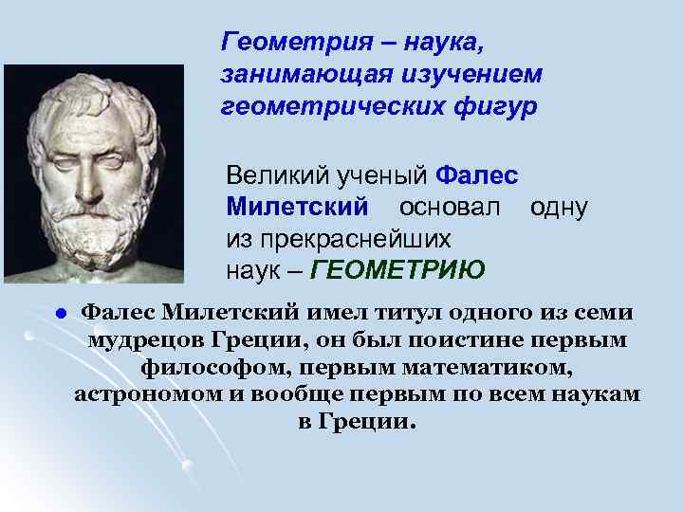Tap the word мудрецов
coord(142,339)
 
